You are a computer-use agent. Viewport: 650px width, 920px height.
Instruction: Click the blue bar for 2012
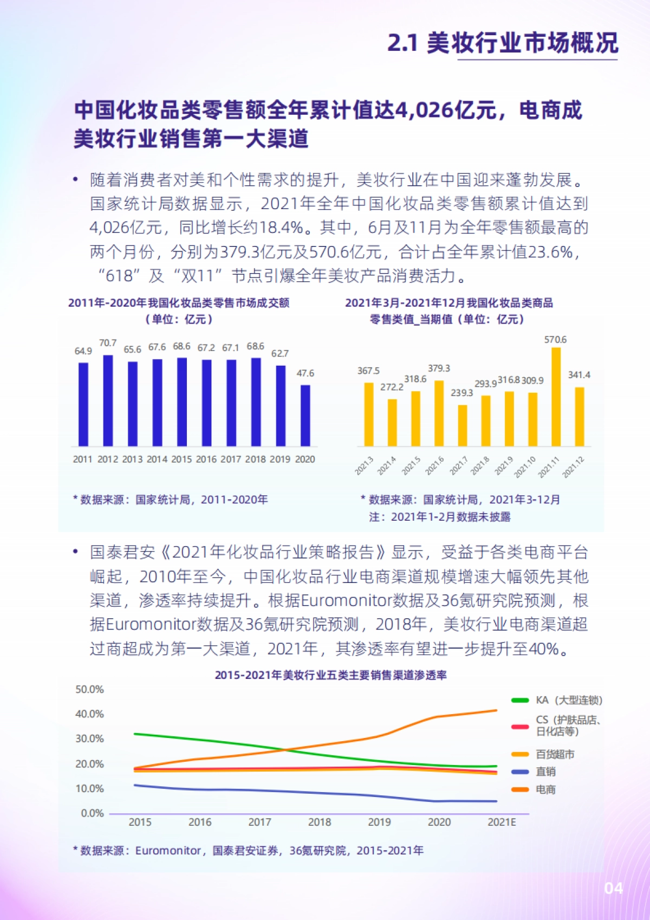[x=108, y=400]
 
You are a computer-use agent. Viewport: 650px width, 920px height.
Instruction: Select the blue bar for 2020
[x=305, y=416]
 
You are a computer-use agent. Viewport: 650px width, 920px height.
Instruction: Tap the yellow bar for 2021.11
[x=556, y=397]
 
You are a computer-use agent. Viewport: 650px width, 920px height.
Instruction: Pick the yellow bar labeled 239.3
[x=463, y=425]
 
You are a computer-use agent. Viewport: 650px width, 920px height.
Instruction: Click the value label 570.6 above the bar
[x=555, y=340]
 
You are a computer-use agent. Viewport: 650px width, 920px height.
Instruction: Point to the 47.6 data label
[x=305, y=373]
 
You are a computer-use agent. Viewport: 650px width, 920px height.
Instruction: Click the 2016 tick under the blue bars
[x=206, y=459]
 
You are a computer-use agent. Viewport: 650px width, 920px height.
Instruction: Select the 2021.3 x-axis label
[x=364, y=466]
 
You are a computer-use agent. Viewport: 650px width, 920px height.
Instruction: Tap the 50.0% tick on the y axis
[x=89, y=689]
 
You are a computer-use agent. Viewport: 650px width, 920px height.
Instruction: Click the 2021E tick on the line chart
[x=502, y=822]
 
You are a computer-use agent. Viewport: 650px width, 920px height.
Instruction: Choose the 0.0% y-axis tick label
[x=92, y=813]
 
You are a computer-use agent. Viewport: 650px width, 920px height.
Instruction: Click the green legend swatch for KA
[x=520, y=701]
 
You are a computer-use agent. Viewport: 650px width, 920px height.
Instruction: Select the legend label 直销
[x=545, y=772]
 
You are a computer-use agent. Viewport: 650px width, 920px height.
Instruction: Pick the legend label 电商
[x=545, y=789]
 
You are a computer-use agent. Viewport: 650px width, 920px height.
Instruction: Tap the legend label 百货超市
[x=555, y=754]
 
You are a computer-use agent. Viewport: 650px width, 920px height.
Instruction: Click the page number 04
[x=613, y=889]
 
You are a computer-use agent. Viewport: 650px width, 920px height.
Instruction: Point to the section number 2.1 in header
[x=402, y=43]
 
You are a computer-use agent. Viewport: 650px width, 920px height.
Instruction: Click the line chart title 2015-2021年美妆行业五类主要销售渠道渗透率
[x=330, y=675]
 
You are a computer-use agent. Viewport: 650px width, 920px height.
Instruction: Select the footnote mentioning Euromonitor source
[x=248, y=851]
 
